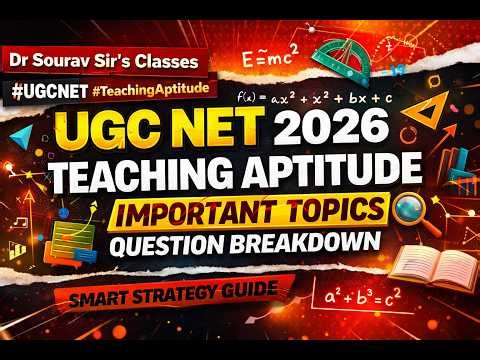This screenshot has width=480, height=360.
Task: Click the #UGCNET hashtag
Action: pos(49,88)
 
